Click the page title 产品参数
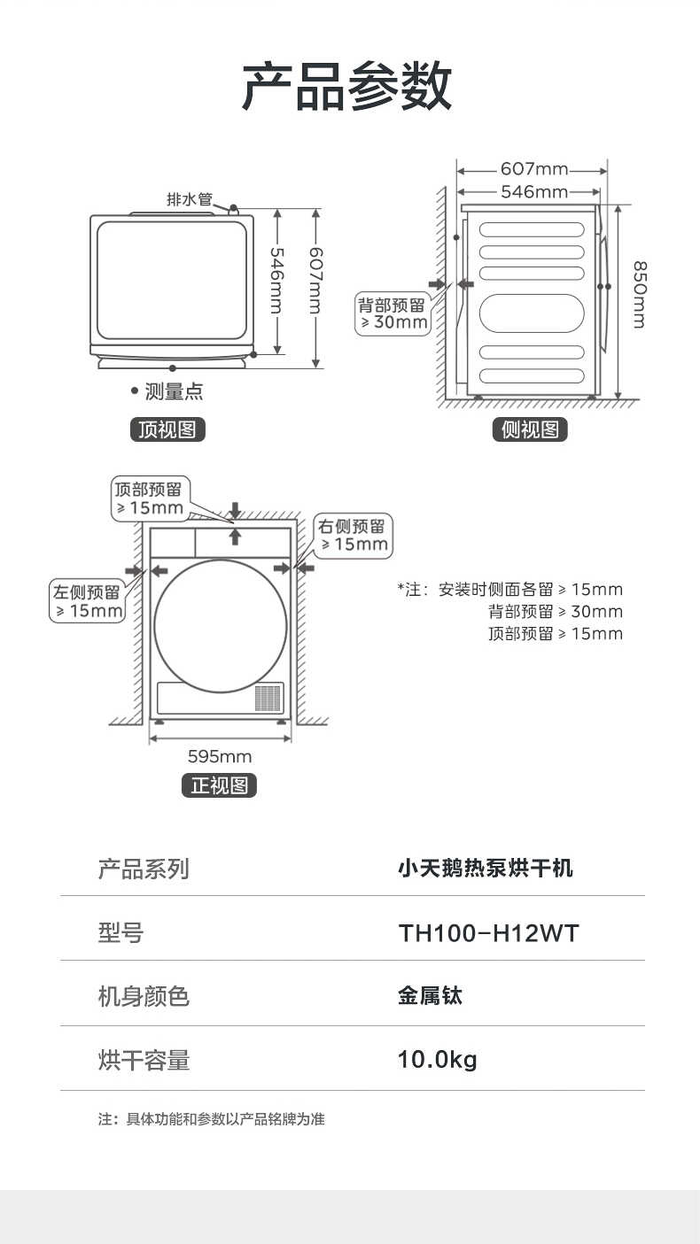(x=347, y=87)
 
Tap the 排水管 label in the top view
(x=190, y=199)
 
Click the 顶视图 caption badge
(x=167, y=430)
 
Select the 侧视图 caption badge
(x=530, y=430)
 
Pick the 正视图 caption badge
(x=219, y=785)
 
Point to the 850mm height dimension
(x=639, y=295)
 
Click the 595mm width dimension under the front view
(x=220, y=756)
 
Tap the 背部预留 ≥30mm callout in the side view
(x=392, y=313)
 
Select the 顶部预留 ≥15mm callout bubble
(x=150, y=498)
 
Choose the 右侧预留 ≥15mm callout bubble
(x=354, y=535)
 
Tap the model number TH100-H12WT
(x=487, y=933)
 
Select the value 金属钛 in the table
(x=430, y=996)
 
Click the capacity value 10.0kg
(x=437, y=1059)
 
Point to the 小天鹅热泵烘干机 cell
(x=485, y=869)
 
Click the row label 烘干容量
(x=144, y=1060)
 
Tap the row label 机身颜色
(x=144, y=997)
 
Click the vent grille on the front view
(x=268, y=698)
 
